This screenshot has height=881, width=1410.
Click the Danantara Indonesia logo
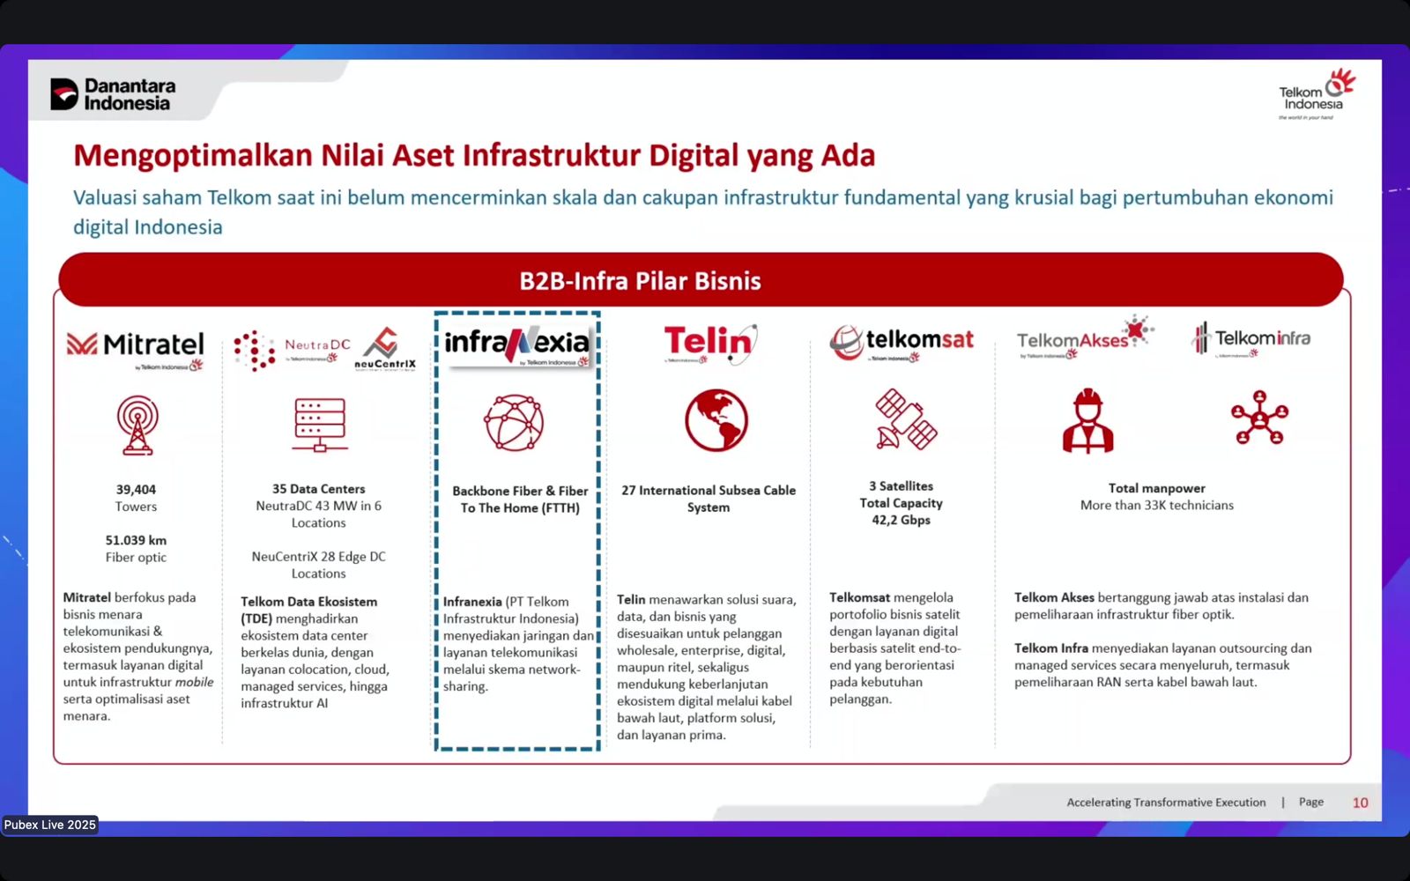coord(113,94)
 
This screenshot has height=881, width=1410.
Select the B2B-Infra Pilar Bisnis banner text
coord(640,281)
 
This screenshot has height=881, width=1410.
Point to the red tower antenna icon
coord(137,425)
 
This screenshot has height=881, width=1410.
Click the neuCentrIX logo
coord(385,349)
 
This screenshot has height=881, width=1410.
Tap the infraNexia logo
coord(516,344)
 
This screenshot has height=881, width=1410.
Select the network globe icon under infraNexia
coord(514,423)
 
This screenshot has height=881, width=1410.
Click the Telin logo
coord(709,344)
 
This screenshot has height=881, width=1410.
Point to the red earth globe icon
coord(716,420)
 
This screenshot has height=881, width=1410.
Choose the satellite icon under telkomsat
coord(905,419)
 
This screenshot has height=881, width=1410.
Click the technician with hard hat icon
coord(1087,422)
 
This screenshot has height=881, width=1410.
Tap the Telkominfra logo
coord(1251,339)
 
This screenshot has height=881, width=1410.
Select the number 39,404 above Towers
coord(136,490)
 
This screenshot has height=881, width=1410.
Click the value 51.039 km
coord(136,540)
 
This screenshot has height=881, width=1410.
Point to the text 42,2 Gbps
coord(901,521)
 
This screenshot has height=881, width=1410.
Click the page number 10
coord(1360,803)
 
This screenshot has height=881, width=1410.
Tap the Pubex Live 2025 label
coord(50,825)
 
